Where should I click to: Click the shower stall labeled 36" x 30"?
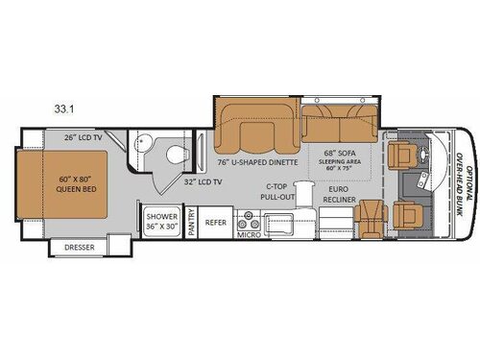click(x=161, y=222)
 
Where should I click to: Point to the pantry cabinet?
click(x=191, y=223)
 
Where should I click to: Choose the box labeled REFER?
click(x=217, y=223)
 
